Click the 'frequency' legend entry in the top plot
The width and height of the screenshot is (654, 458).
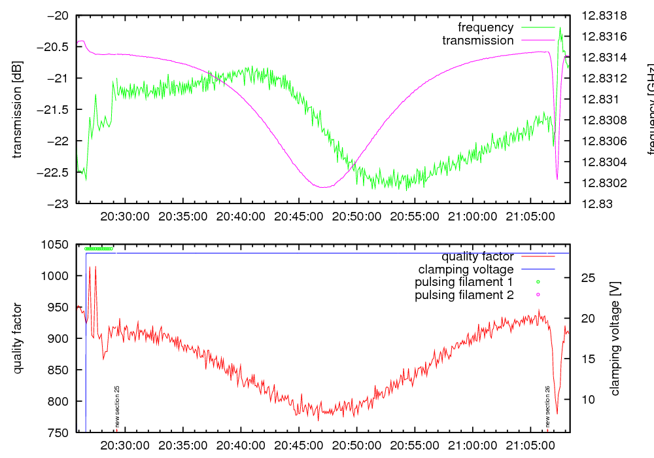485,27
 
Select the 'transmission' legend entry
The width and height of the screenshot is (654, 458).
477,41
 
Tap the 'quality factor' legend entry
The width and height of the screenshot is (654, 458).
477,256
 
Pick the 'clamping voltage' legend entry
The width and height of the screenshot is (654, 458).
466,269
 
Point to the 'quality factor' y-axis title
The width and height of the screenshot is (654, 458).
17,338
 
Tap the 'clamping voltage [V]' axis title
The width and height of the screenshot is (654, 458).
615,338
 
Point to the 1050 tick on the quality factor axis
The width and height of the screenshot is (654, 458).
55,245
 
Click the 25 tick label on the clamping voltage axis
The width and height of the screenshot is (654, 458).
587,278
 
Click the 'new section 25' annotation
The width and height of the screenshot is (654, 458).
117,406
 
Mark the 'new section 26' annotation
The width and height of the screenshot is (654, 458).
547,406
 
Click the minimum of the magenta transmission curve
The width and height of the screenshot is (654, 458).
324,187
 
